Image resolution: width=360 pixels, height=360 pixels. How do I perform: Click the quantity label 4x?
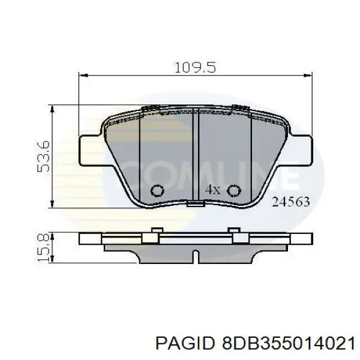point(213,190)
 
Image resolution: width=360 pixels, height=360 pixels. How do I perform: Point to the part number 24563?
point(291,202)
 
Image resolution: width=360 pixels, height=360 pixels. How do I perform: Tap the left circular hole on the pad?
point(157,191)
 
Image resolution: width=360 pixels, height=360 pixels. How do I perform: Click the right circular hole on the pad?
point(235,191)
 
